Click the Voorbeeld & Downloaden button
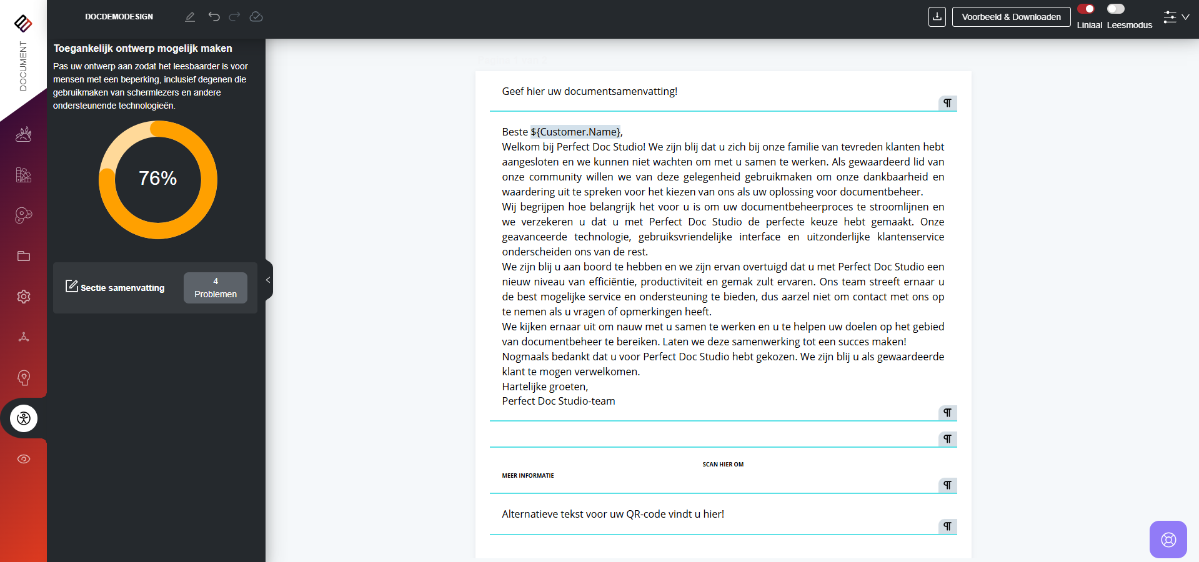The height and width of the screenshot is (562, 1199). [x=1011, y=17]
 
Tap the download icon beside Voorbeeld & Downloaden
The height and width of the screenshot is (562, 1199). [x=937, y=17]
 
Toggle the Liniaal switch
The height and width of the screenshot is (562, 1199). [x=1086, y=9]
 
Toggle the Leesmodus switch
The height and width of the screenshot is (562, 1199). [x=1115, y=9]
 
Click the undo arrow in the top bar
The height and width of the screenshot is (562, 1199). [x=214, y=17]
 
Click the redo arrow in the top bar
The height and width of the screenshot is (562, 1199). [x=234, y=17]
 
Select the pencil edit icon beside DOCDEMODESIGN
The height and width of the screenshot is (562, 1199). [x=190, y=17]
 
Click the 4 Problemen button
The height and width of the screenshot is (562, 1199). [x=215, y=288]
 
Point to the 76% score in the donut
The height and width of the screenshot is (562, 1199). [x=158, y=179]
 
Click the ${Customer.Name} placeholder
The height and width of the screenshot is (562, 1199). [x=575, y=132]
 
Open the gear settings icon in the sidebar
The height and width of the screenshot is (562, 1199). [x=24, y=297]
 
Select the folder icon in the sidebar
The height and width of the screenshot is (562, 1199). [x=24, y=256]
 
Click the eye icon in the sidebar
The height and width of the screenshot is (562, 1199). [x=24, y=459]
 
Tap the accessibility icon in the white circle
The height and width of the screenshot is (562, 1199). [x=24, y=418]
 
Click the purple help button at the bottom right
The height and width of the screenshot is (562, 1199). [x=1168, y=540]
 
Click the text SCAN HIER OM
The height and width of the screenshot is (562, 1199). [x=723, y=465]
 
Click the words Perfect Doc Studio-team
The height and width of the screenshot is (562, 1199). [x=559, y=402]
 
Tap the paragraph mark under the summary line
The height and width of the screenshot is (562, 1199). [x=947, y=103]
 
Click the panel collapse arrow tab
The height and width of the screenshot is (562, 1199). [x=268, y=280]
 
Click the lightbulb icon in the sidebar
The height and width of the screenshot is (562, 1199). [x=24, y=378]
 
